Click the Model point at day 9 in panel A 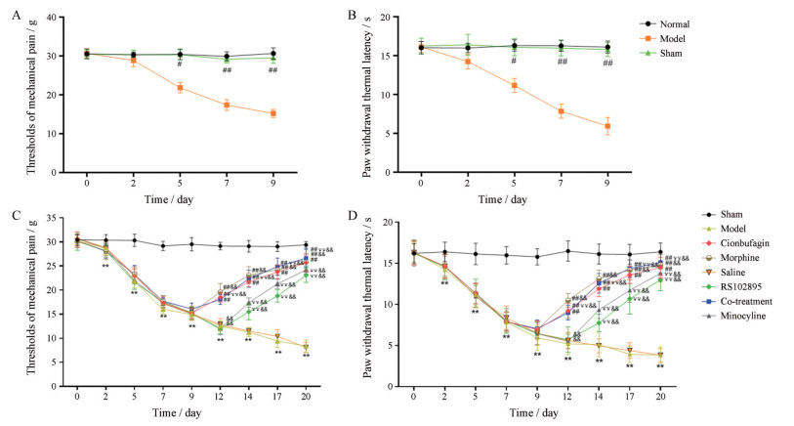coord(272,113)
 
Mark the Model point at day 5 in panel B coord(514,85)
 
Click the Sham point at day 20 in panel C coord(306,245)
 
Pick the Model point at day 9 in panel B coord(607,126)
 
